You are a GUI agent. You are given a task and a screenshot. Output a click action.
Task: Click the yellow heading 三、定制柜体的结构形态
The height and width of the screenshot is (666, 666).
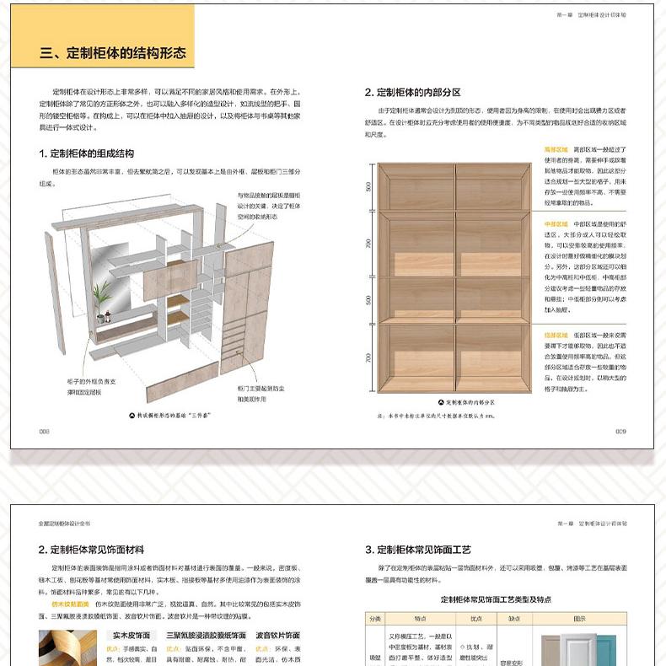click(x=112, y=53)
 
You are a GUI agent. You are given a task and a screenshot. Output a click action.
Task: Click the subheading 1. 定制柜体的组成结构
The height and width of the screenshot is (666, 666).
click(x=86, y=153)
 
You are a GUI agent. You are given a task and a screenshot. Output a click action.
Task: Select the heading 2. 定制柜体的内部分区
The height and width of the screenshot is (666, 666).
click(x=412, y=93)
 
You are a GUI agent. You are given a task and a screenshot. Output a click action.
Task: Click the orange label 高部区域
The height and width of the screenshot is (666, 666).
click(x=556, y=148)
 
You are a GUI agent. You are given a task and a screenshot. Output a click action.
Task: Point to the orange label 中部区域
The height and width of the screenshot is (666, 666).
click(x=556, y=223)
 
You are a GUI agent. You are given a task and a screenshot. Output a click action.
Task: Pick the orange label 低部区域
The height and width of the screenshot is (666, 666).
click(x=556, y=335)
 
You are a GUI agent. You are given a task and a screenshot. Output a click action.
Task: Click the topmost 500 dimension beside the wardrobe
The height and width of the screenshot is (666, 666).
click(x=368, y=186)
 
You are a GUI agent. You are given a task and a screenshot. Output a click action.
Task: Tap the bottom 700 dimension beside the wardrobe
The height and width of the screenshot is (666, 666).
click(x=368, y=357)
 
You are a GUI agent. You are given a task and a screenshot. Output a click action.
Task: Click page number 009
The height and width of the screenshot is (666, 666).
click(x=620, y=431)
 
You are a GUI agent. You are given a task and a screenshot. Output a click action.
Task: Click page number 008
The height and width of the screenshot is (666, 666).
click(x=45, y=431)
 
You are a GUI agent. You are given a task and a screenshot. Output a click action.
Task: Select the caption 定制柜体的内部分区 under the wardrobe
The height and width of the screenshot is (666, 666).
click(x=469, y=403)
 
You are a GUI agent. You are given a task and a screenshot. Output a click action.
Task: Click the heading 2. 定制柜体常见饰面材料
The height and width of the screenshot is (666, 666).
click(x=91, y=550)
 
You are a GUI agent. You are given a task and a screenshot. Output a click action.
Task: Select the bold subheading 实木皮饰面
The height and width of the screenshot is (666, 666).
click(x=131, y=635)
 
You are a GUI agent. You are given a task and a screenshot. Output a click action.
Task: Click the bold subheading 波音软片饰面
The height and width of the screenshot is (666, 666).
click(x=277, y=635)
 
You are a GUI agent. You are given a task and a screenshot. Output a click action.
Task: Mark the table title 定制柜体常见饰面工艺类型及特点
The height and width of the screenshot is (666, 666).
click(x=495, y=599)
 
